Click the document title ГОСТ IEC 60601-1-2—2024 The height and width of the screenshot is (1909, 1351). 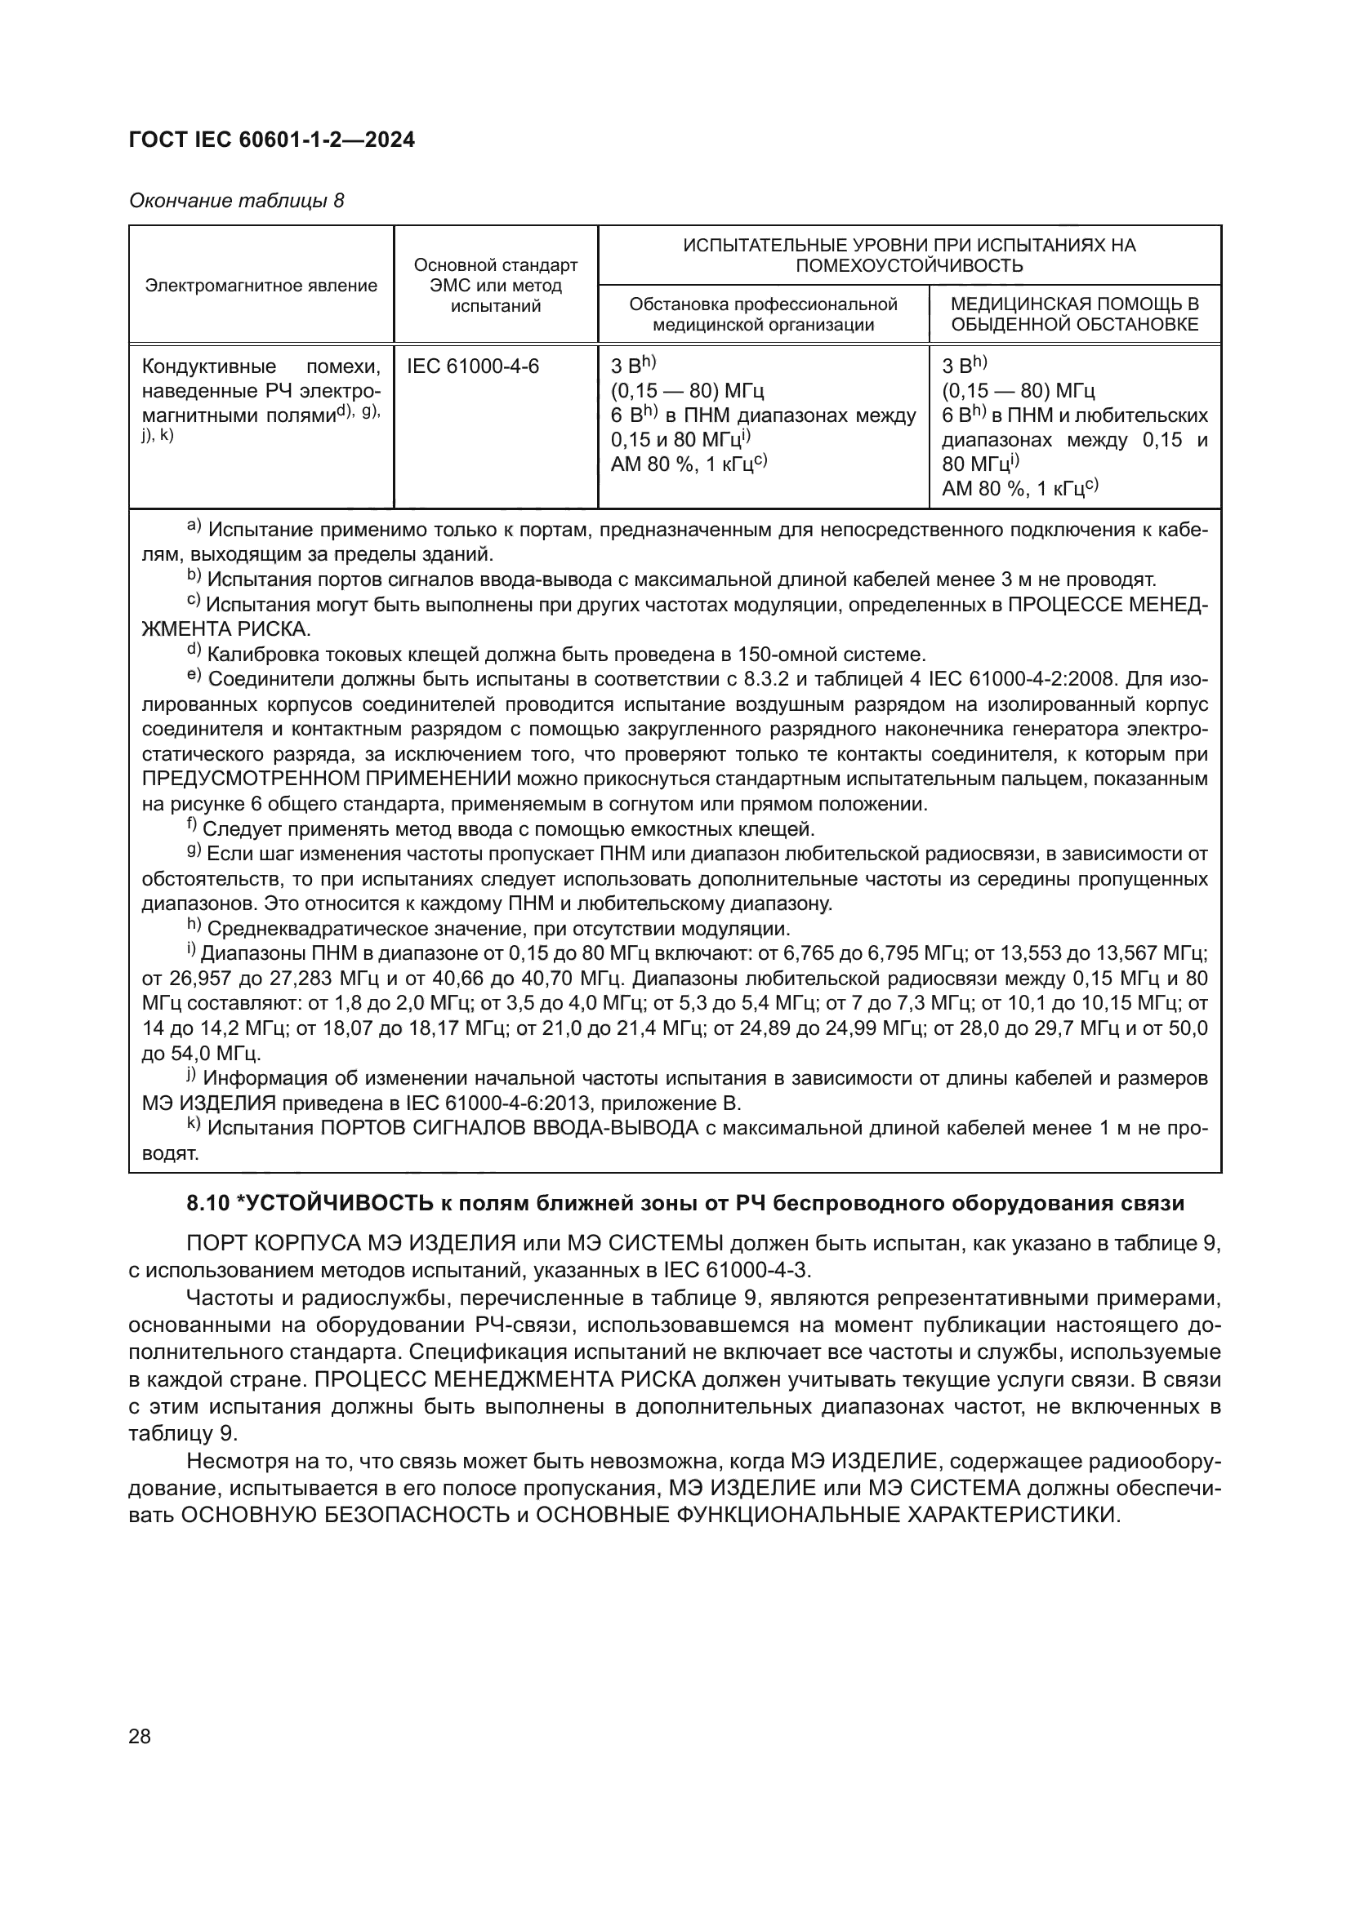pyautogui.click(x=271, y=140)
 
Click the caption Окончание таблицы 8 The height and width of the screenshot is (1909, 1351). pyautogui.click(x=236, y=202)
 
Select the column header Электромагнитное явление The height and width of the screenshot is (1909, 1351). pyautogui.click(x=261, y=286)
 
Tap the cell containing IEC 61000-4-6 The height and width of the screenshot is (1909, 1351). pyautogui.click(x=472, y=366)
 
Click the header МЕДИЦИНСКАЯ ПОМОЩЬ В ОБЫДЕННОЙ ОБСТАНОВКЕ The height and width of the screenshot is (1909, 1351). pyautogui.click(x=1074, y=313)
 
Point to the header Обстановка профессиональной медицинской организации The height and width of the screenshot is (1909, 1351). pyautogui.click(x=763, y=313)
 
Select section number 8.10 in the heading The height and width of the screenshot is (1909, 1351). pyautogui.click(x=208, y=1203)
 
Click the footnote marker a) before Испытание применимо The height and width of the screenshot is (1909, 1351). pyautogui.click(x=194, y=526)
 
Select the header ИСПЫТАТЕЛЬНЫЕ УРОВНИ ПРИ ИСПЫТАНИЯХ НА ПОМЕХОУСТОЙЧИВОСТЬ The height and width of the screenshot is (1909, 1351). pyautogui.click(x=908, y=255)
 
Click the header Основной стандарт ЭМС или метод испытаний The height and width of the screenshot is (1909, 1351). pyautogui.click(x=495, y=286)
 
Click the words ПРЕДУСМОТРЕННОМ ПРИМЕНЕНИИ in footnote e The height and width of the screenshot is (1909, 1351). pyautogui.click(x=326, y=779)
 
